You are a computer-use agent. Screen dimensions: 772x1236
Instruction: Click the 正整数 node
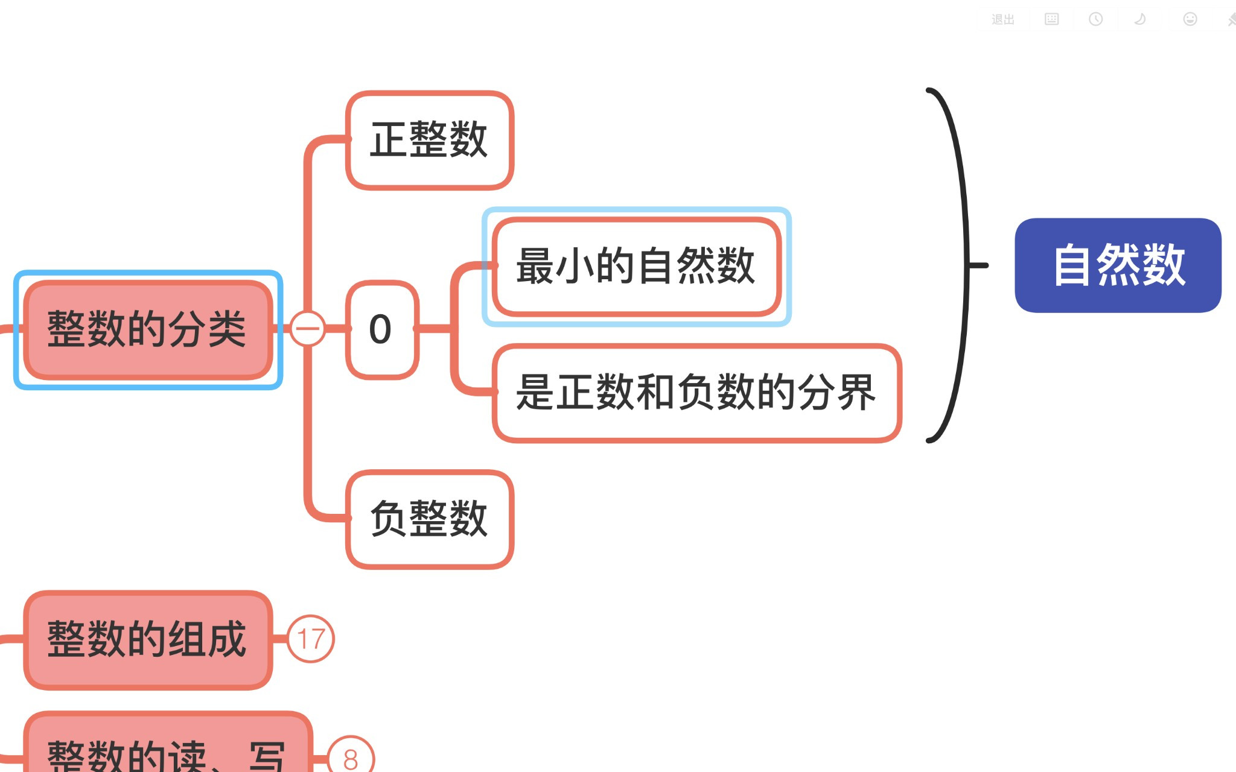click(x=429, y=140)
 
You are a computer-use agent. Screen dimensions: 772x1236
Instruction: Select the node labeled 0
click(x=381, y=329)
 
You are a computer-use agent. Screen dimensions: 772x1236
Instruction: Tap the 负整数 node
click(x=429, y=519)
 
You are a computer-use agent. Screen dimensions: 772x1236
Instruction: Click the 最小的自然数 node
click(x=636, y=266)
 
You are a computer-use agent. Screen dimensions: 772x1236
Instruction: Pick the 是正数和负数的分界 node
click(x=696, y=393)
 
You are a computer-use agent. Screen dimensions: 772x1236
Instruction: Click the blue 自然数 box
click(x=1118, y=265)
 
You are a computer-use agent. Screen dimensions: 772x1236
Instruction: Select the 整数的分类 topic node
click(x=147, y=329)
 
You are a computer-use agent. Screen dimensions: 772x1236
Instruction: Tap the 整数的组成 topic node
click(x=147, y=639)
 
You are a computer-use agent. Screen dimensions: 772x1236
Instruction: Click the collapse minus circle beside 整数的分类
click(x=308, y=329)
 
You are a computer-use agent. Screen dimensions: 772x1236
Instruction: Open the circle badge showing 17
click(x=311, y=639)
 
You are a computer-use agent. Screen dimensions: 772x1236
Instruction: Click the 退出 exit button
click(x=1002, y=20)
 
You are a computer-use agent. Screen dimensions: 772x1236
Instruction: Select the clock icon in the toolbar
click(x=1095, y=19)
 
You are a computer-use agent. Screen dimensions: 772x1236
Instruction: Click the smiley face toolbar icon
click(x=1190, y=19)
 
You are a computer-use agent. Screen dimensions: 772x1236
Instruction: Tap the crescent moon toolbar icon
click(x=1140, y=19)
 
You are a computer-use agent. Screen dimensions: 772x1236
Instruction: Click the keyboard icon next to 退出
click(x=1051, y=19)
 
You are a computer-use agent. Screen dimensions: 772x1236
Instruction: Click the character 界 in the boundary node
click(x=856, y=393)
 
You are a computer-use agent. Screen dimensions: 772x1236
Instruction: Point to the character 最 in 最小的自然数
click(x=535, y=266)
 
